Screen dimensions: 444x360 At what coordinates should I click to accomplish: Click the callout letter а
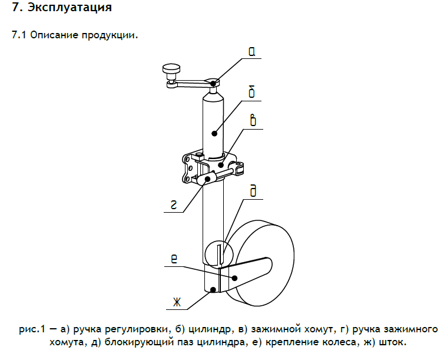[251, 51]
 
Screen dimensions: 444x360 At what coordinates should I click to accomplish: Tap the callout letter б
[251, 92]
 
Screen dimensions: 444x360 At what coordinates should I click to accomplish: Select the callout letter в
[253, 120]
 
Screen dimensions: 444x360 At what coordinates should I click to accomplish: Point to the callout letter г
[174, 204]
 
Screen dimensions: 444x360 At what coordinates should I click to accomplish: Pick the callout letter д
[253, 191]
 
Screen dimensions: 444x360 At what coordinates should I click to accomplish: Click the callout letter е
[174, 259]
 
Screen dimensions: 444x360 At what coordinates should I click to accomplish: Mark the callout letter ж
[177, 302]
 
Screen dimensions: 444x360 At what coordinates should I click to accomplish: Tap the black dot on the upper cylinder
[214, 133]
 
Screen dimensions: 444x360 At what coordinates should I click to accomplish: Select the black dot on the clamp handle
[208, 179]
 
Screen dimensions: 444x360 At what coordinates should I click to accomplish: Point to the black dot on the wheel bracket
[234, 278]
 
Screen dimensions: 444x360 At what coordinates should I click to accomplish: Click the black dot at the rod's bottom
[213, 289]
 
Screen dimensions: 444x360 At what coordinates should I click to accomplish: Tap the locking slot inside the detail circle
[220, 255]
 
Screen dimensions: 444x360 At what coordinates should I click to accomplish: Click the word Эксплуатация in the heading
[69, 8]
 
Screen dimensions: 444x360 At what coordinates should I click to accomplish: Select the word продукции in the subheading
[110, 35]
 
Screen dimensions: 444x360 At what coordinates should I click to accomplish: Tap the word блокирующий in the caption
[139, 342]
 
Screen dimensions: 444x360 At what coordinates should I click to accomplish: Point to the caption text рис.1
[32, 330]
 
